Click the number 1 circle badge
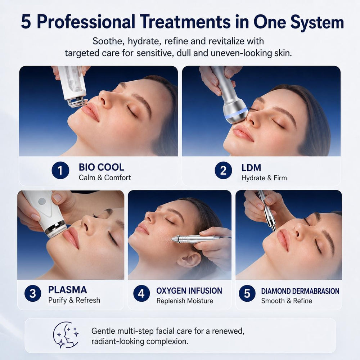point(60,170)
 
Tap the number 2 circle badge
point(223,170)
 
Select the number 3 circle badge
point(33,293)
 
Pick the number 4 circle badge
point(141,293)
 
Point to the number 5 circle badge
point(247,293)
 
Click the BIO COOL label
point(101,167)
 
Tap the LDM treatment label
point(251,168)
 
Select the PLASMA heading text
point(68,290)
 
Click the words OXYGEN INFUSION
point(189,291)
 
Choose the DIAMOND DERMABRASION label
point(300,291)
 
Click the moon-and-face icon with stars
point(66,335)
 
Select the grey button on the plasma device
point(42,201)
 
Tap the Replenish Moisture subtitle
point(185,301)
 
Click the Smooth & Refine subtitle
point(287,301)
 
